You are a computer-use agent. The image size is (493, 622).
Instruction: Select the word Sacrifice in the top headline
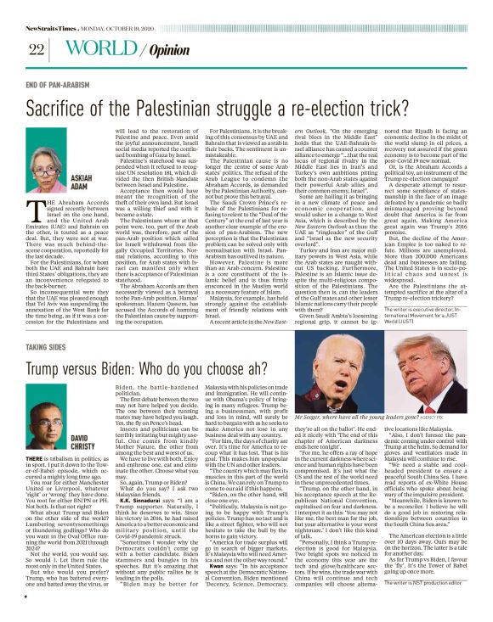[61, 109]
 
